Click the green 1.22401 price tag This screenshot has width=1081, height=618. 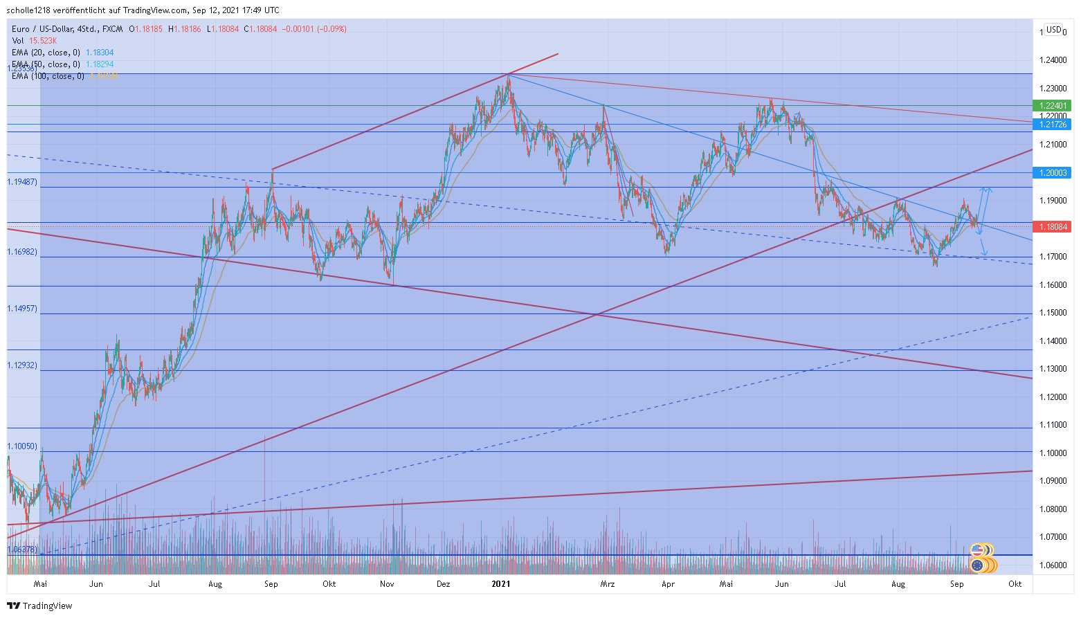[1051, 106]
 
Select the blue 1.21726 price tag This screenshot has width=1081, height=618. [1051, 125]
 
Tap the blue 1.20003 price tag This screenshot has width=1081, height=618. [1051, 172]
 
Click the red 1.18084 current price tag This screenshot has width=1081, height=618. [1051, 227]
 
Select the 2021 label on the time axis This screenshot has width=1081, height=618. [500, 584]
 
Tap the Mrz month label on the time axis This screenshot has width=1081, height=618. [607, 584]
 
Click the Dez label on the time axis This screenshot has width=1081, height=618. [443, 584]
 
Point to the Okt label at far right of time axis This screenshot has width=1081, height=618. [1015, 584]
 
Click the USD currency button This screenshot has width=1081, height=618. [1053, 30]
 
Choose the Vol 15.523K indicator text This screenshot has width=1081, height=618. [34, 41]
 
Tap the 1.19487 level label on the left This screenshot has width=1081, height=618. [22, 182]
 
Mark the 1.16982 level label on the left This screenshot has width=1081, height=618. [22, 252]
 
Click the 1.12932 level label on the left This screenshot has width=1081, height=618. [22, 365]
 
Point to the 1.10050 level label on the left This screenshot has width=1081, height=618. [22, 446]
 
